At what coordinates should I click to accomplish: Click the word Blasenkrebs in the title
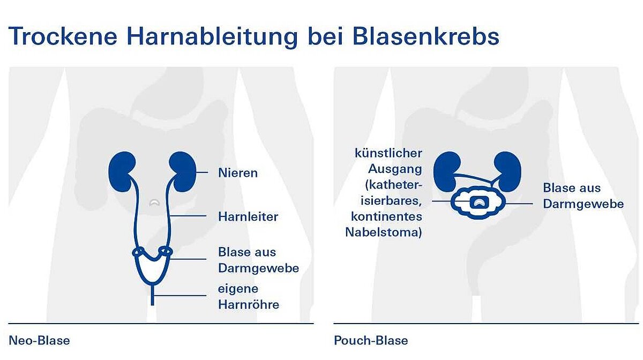click(x=426, y=36)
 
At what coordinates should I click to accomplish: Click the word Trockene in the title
click(x=63, y=36)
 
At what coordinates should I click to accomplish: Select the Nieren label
click(x=238, y=173)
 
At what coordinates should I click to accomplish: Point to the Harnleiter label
click(x=248, y=217)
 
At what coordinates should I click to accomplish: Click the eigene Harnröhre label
click(x=249, y=297)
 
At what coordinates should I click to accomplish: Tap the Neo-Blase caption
click(x=39, y=341)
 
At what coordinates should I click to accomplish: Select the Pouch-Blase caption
click(x=371, y=341)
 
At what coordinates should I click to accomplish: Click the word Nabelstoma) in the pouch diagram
click(x=384, y=232)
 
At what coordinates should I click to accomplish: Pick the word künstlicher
click(x=388, y=153)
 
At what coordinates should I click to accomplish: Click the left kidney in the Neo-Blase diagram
click(x=122, y=171)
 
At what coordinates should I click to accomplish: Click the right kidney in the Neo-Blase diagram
click(x=183, y=171)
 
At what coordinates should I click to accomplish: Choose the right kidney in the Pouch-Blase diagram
click(x=507, y=171)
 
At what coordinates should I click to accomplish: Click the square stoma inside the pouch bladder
click(x=479, y=202)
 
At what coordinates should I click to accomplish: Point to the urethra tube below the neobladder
click(x=152, y=294)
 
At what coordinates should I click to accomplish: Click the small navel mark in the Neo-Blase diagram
click(x=155, y=202)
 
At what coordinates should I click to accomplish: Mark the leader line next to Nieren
click(x=202, y=172)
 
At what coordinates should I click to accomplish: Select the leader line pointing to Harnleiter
click(x=188, y=215)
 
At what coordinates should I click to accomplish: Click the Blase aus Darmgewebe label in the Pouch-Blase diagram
click(x=584, y=196)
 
